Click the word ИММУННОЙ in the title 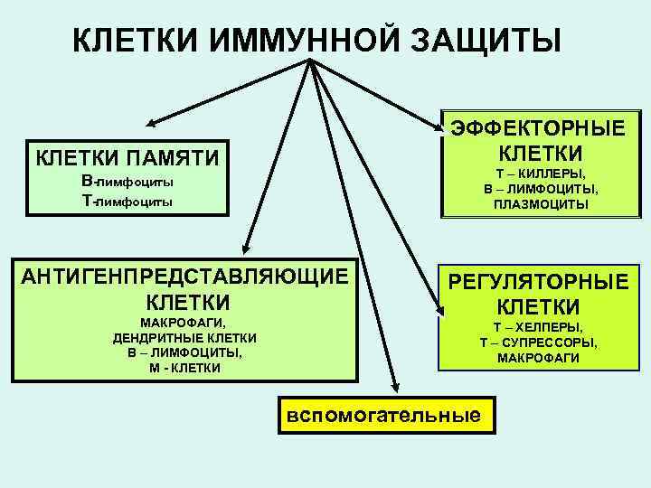[291, 40]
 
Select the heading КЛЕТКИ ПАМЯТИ [127, 158]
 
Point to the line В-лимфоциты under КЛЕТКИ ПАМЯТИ [127, 183]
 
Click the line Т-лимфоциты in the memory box [127, 202]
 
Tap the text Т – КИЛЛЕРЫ [540, 174]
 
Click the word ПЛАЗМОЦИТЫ [540, 204]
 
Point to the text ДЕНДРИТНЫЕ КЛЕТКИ [185, 338]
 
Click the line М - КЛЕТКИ [185, 368]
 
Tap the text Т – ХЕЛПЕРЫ [538, 327]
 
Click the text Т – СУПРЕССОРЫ [538, 343]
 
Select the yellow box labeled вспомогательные [382, 415]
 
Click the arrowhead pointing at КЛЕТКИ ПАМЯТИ [152, 122]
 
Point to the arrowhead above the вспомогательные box [395, 386]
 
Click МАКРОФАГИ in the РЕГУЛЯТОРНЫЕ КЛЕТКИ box [538, 358]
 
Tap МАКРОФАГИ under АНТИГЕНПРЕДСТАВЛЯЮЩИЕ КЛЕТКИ [184, 323]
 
